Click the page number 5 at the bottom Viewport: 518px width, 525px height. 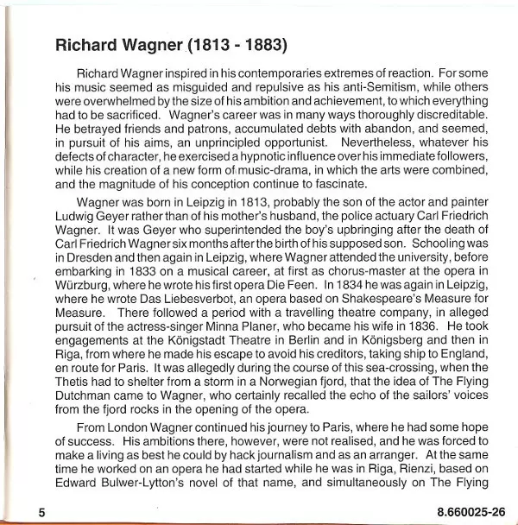[x=41, y=513]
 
